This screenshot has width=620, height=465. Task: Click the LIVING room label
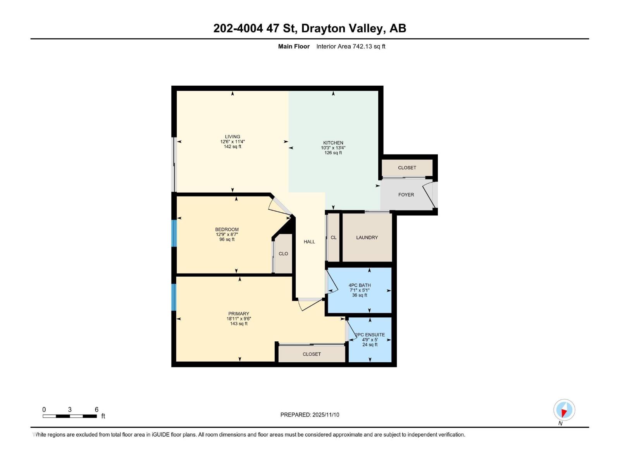pos(232,137)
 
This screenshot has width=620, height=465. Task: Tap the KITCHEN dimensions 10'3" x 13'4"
pos(333,148)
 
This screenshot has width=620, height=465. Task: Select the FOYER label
pos(406,195)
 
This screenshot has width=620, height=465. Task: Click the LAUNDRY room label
pos(367,238)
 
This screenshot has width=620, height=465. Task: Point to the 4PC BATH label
pos(360,285)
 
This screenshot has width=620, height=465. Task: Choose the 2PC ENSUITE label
pos(370,335)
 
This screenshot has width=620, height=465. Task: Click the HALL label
pos(309,242)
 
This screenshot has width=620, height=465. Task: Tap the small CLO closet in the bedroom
pos(283,254)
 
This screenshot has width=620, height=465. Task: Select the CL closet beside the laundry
pos(334,238)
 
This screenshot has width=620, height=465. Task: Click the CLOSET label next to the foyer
pos(407,168)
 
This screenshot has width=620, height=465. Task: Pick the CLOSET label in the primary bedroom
pos(312,354)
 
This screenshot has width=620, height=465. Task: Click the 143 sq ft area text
pos(239,324)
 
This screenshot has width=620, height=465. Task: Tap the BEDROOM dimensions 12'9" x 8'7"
pos(227,234)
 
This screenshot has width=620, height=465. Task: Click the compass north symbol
pos(564,410)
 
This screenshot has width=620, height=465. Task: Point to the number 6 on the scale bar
pos(96,410)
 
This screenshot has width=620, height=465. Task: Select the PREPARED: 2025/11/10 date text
pos(310,415)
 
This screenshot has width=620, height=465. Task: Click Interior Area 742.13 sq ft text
pos(351,46)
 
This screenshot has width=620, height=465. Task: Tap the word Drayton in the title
pos(323,28)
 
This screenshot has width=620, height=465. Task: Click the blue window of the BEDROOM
pos(174,233)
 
